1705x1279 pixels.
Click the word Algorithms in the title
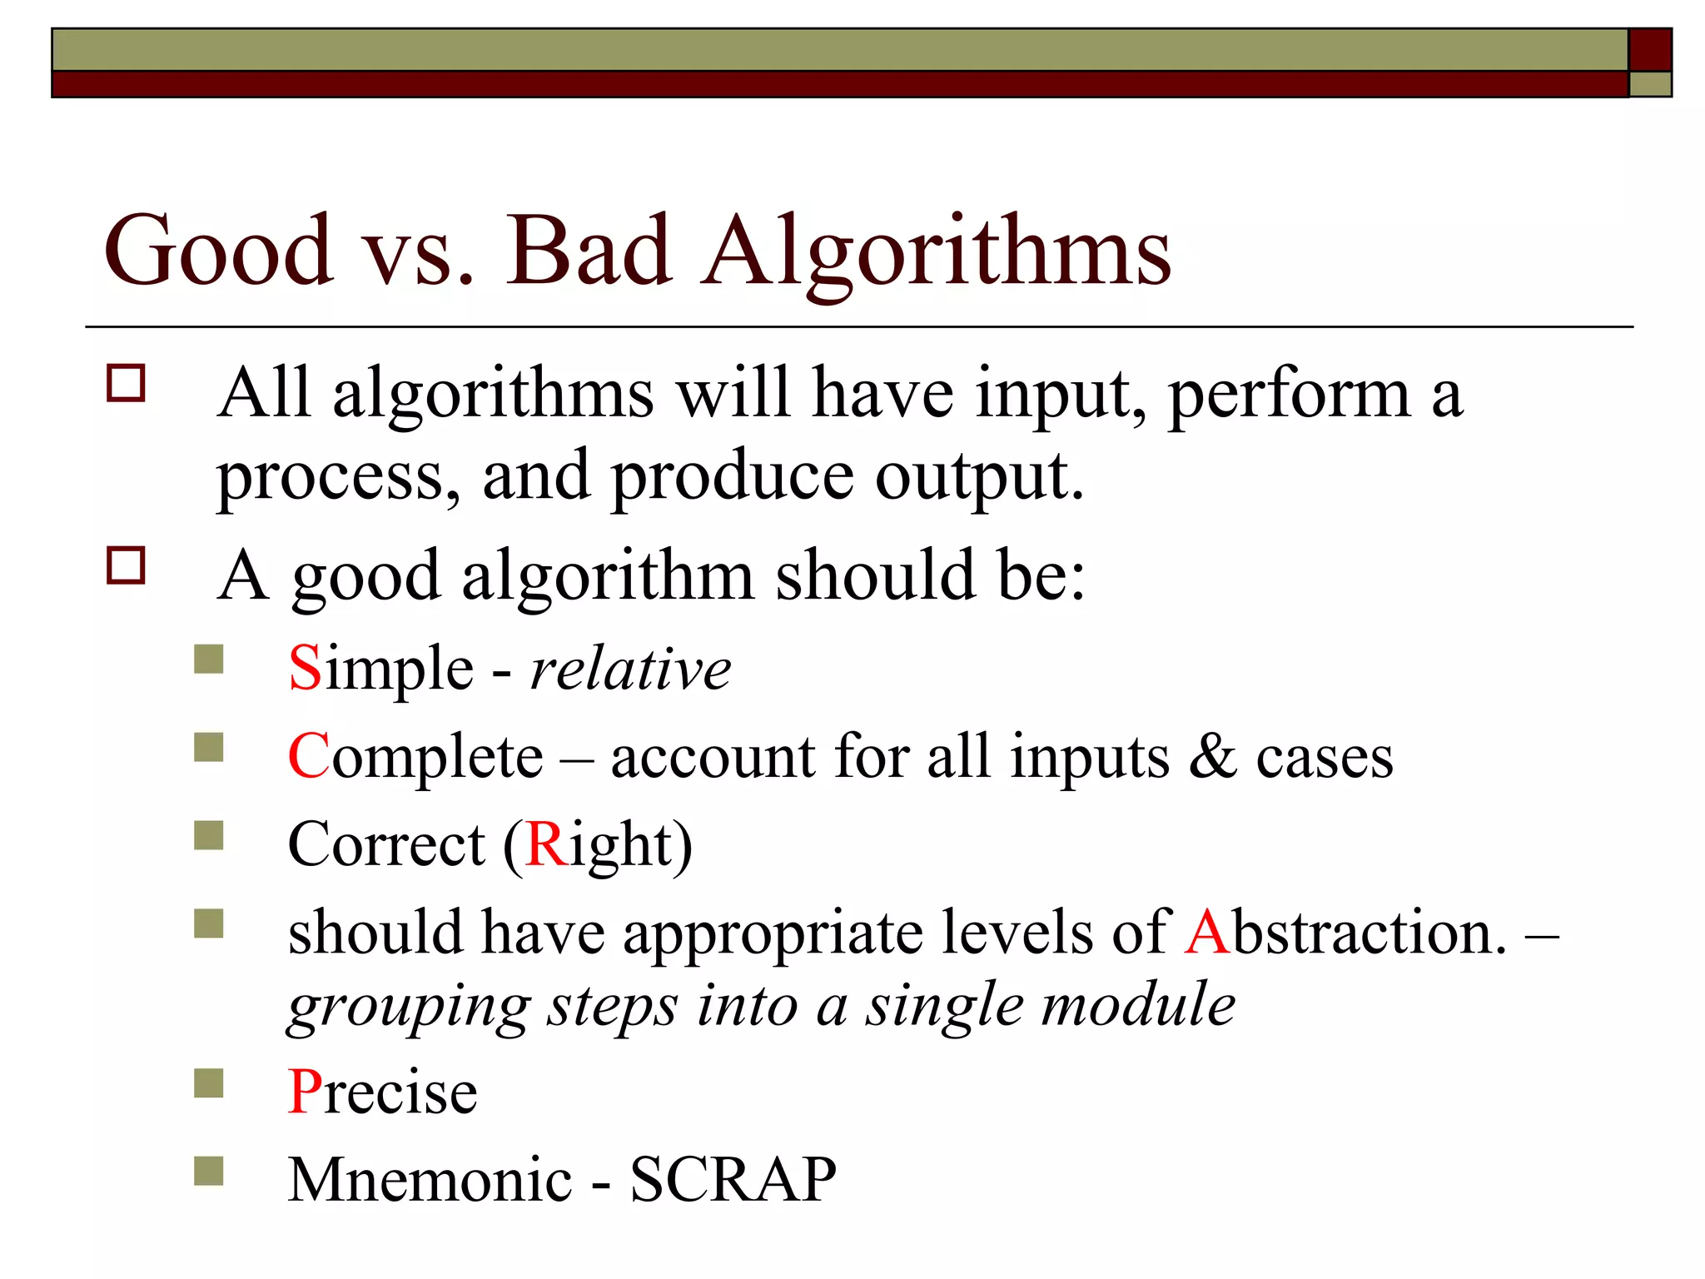tap(936, 250)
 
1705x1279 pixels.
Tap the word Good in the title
tap(218, 250)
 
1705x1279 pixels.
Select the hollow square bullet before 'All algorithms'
tap(126, 384)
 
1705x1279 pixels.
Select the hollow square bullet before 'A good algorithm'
tap(126, 565)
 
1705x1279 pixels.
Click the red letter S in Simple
tap(305, 668)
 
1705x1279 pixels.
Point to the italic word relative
tap(630, 669)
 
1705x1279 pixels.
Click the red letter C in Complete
tap(308, 756)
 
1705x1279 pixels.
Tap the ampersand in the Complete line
tap(1212, 756)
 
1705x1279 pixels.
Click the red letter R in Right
tap(546, 844)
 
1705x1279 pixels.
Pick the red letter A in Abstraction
tap(1207, 933)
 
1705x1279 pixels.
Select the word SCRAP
tap(733, 1180)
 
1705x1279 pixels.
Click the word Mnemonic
tap(430, 1180)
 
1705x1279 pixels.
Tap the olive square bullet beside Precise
tap(209, 1083)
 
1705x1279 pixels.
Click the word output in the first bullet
tap(979, 476)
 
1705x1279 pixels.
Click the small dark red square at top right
tap(1650, 50)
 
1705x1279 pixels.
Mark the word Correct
tap(386, 844)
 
